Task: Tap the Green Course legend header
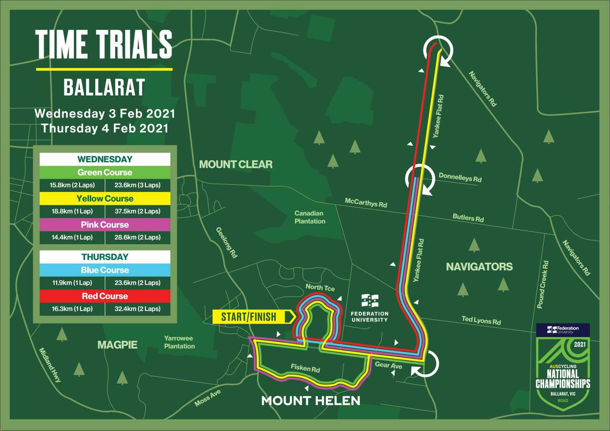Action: (104, 172)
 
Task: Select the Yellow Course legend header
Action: (104, 199)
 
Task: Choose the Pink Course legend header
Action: (104, 224)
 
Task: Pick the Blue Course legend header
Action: (104, 270)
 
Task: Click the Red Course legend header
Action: (104, 296)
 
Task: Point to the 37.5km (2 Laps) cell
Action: (138, 211)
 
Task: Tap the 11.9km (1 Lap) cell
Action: (72, 282)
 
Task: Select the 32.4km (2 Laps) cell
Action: (138, 309)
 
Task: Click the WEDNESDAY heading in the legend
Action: (104, 159)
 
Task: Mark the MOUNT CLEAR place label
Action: (236, 164)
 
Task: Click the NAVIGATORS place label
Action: (479, 267)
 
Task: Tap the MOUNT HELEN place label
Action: (310, 401)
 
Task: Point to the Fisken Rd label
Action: (305, 369)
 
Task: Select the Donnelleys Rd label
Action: (460, 178)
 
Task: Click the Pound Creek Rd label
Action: (543, 284)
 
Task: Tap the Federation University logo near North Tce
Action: (369, 308)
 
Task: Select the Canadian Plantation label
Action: (310, 217)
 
